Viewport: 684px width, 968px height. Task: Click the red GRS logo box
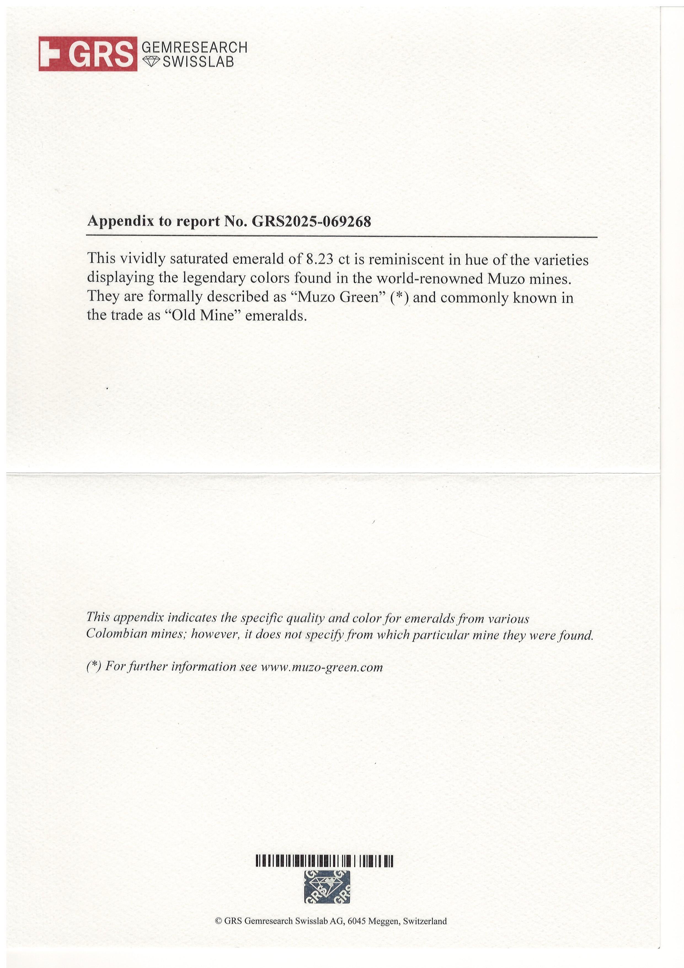(88, 54)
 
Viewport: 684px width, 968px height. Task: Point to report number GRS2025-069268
(311, 221)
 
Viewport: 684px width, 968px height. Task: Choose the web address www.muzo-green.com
(322, 667)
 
